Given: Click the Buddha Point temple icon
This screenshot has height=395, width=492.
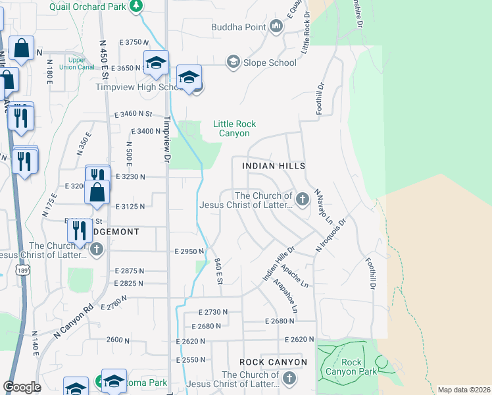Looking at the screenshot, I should point(276,27).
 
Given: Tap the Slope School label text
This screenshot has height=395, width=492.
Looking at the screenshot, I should point(270,63).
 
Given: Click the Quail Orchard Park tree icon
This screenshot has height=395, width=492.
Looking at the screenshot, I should point(137,6).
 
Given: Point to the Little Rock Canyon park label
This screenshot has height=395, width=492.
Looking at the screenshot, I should point(234,128).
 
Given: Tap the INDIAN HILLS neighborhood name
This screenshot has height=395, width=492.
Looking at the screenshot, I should point(274,167).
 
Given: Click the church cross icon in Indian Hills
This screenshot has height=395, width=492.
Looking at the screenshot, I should point(302,199).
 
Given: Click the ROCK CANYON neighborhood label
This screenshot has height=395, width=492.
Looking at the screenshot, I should point(273,362).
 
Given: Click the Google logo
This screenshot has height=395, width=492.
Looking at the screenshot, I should point(22,387).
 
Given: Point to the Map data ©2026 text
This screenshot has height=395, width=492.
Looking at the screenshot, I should point(464,390).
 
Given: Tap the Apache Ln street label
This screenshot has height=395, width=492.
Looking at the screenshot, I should point(294,275).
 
